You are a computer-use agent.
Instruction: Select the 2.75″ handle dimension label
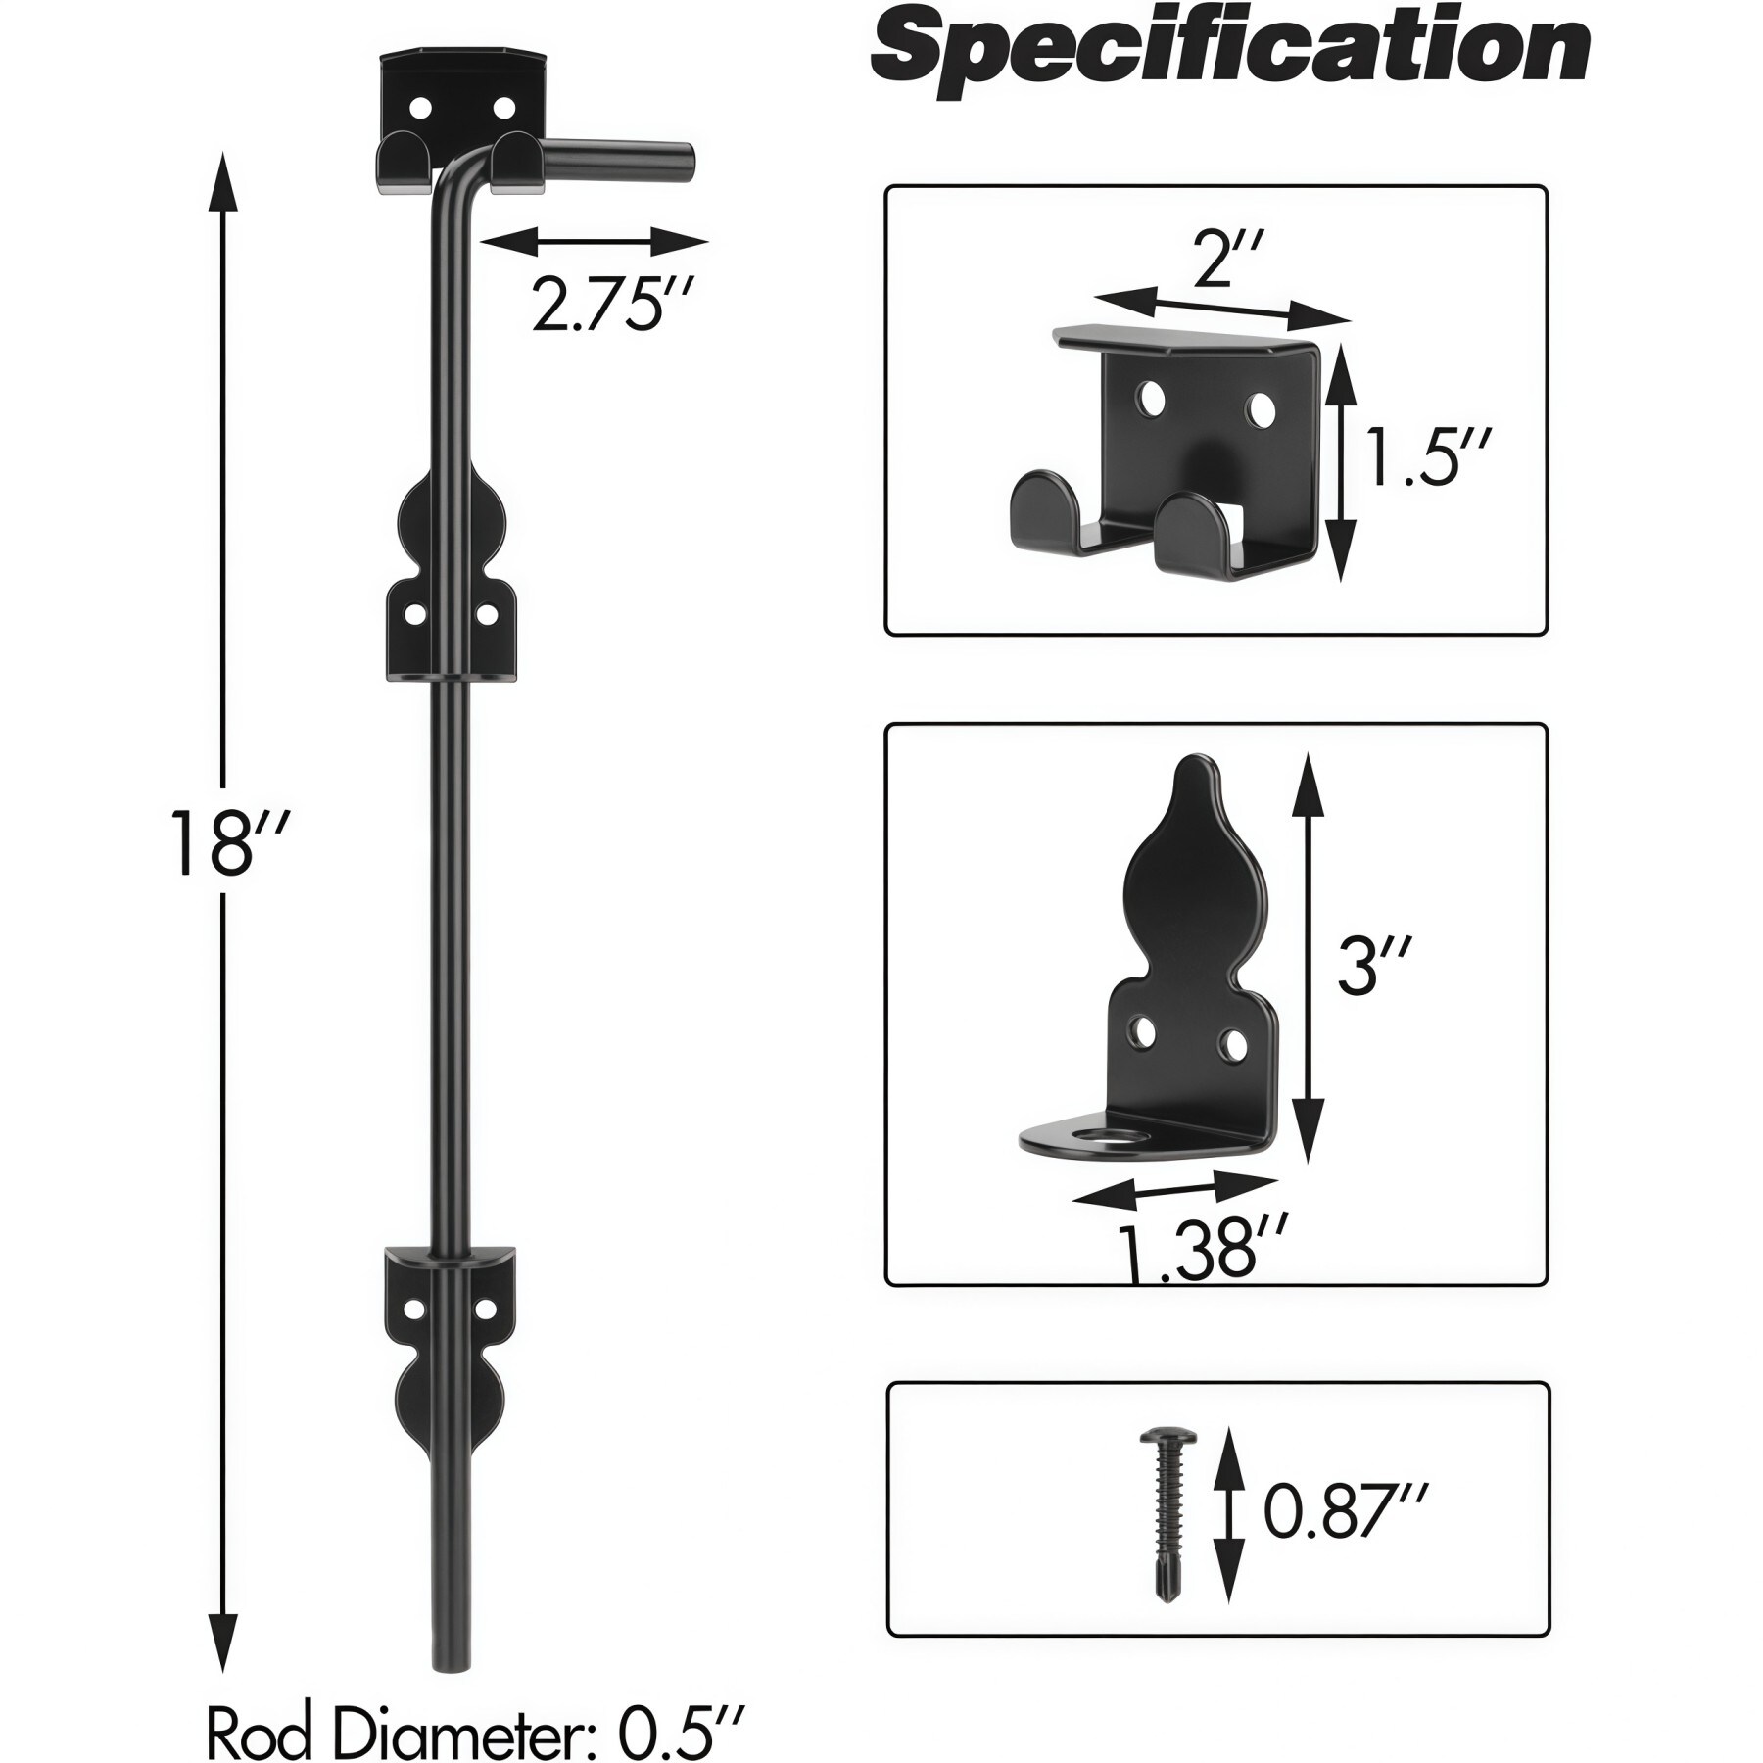(612, 305)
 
